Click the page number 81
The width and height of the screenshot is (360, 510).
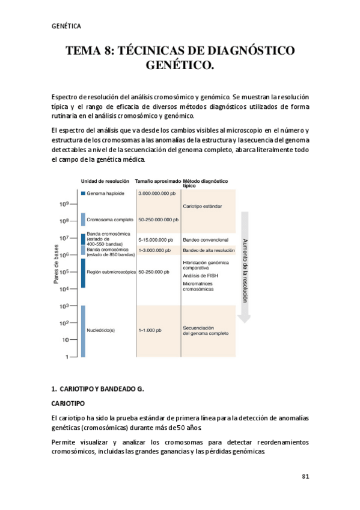click(305, 476)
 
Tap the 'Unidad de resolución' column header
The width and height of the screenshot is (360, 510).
click(105, 181)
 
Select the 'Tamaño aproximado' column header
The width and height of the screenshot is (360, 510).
click(158, 181)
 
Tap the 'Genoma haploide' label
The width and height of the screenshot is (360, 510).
click(105, 194)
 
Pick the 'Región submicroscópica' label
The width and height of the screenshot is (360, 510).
click(111, 272)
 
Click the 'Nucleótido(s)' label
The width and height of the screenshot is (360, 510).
click(101, 330)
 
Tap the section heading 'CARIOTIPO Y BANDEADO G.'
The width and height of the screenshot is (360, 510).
click(100, 389)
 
